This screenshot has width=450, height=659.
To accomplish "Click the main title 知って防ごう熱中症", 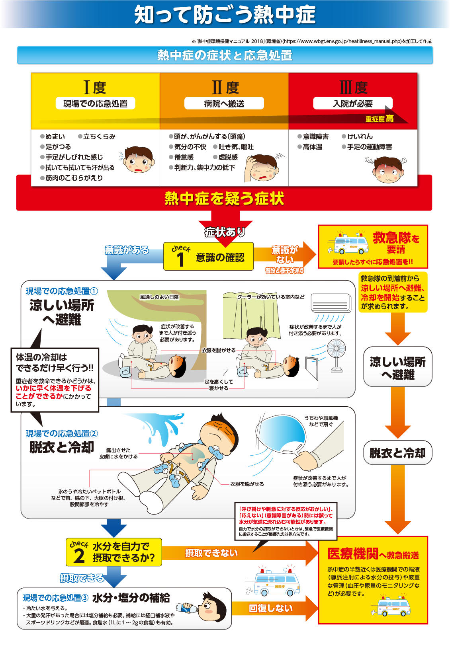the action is click(x=225, y=14).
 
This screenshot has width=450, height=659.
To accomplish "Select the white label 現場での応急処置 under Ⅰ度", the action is click(x=95, y=103).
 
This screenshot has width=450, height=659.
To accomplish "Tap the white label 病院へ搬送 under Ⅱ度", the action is click(x=224, y=103).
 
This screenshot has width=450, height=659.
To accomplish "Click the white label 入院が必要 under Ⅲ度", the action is click(x=352, y=103).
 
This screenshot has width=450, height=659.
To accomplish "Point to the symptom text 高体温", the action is click(x=312, y=147).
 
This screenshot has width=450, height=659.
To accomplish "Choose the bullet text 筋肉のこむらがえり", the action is click(x=74, y=178).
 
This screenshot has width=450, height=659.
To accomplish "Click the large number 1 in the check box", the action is click(x=180, y=260).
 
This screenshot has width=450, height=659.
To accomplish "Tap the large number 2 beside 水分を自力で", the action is click(x=79, y=556).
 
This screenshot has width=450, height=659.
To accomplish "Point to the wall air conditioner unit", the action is click(x=331, y=303).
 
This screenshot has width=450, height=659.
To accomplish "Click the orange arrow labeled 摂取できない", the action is click(x=240, y=553).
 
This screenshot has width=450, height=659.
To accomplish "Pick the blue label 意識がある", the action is click(x=127, y=250).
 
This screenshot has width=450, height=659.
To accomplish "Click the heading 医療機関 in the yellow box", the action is click(x=353, y=554).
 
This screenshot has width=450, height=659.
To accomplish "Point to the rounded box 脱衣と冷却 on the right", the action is click(x=397, y=453).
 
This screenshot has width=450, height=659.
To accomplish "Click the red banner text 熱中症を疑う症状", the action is click(x=224, y=198).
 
